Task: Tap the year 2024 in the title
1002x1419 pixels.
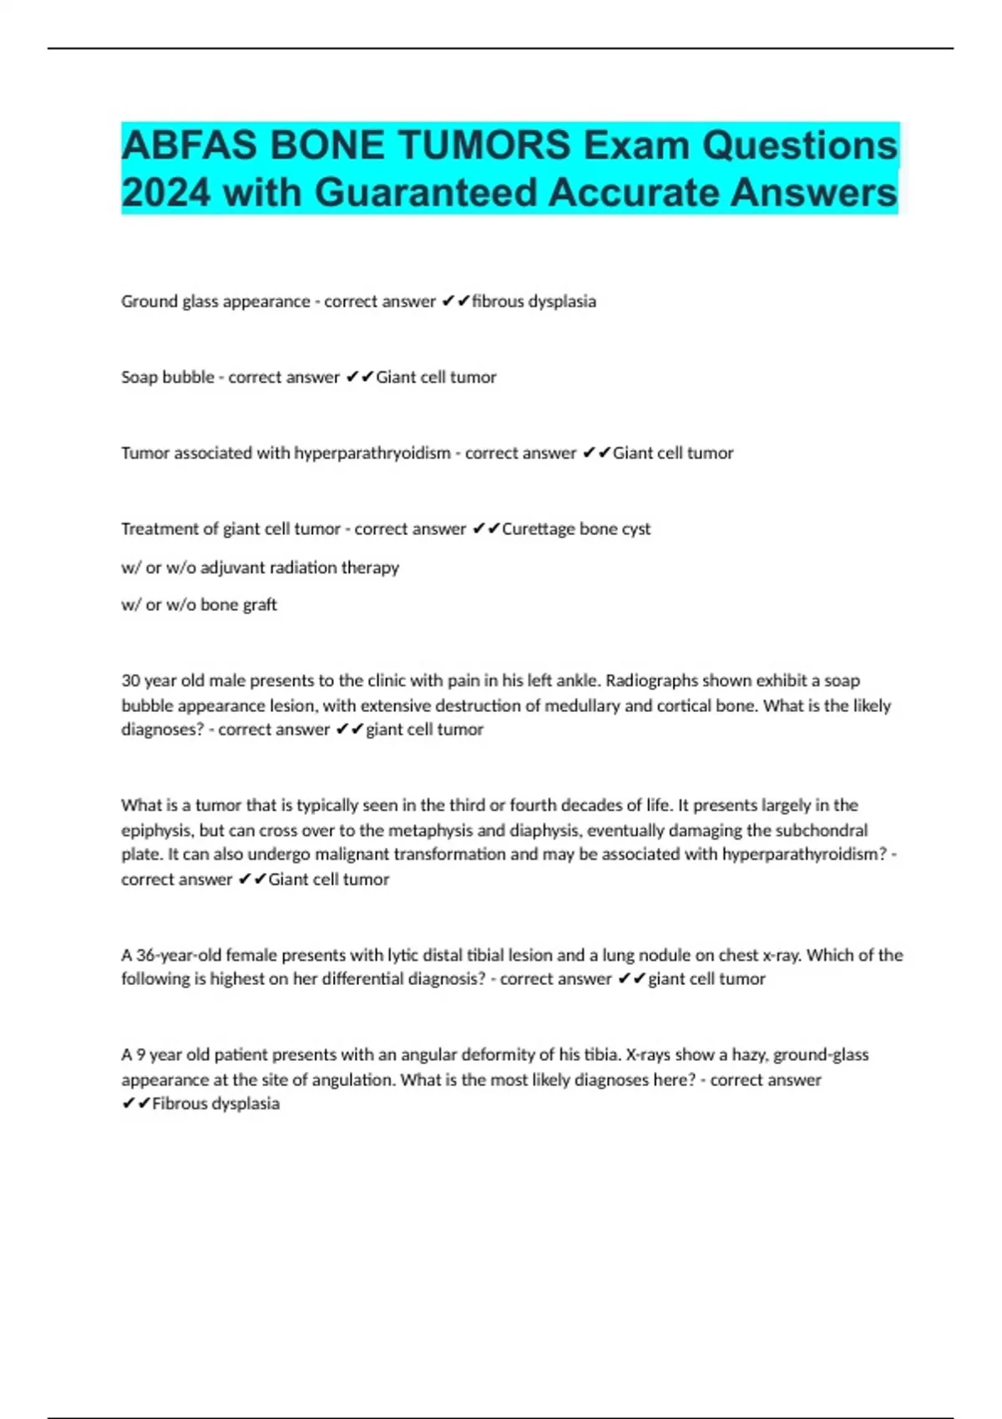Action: [x=165, y=193]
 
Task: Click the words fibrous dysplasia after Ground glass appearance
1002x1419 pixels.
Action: [x=534, y=301]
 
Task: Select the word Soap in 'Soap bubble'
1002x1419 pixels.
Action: [x=139, y=377]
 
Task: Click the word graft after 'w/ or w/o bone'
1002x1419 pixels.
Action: [x=260, y=605]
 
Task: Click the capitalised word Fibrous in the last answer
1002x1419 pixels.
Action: [x=178, y=1103]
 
